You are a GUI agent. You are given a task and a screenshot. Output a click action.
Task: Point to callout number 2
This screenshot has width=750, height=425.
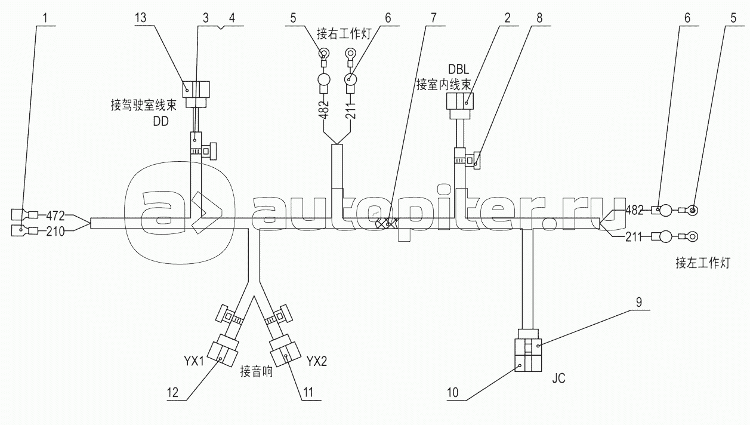[506, 17]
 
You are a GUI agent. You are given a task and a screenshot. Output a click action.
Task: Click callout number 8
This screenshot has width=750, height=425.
[539, 17]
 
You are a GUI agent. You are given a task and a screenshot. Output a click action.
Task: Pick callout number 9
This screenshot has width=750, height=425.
[638, 302]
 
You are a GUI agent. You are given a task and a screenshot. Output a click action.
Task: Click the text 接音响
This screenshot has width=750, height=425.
[257, 371]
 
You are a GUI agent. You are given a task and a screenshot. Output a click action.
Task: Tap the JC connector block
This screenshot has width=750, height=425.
[527, 355]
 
